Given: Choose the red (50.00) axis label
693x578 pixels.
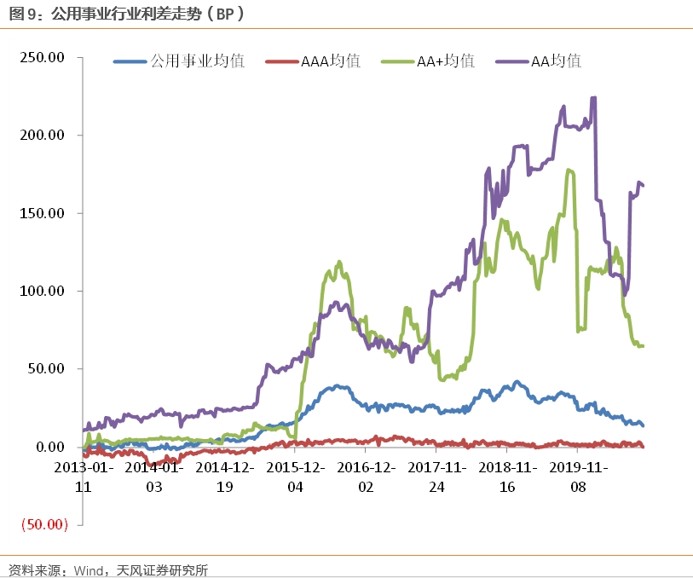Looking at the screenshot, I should pyautogui.click(x=43, y=524).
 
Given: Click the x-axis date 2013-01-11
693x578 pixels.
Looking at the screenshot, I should pyautogui.click(x=84, y=477).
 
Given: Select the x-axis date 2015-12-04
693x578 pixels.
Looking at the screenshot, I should pyautogui.click(x=295, y=477).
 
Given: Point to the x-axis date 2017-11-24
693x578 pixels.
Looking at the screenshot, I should pyautogui.click(x=436, y=477).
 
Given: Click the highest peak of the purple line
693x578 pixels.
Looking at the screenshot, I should pyautogui.click(x=593, y=98).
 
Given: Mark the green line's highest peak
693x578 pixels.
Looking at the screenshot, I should pyautogui.click(x=569, y=170).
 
